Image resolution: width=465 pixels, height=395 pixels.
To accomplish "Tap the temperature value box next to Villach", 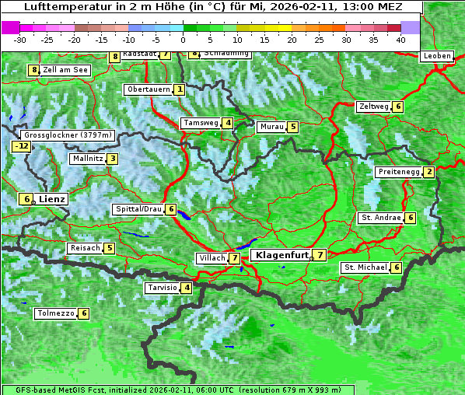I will [235, 258].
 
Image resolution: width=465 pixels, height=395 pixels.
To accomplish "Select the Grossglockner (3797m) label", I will [68, 135].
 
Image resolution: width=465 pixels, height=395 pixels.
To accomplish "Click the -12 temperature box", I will [21, 145].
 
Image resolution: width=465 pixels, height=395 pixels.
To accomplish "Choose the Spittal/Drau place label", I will [138, 209].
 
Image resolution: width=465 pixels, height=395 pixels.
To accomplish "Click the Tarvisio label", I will [163, 288].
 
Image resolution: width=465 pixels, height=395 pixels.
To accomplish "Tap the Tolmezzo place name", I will [55, 313].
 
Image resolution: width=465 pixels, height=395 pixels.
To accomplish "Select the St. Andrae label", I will [380, 218].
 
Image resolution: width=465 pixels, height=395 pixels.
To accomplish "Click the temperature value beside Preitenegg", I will [429, 172].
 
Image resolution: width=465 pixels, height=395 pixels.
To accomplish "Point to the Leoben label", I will [436, 56].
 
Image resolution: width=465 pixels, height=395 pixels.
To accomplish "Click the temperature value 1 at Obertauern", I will [180, 89].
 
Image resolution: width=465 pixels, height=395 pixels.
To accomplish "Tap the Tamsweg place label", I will [200, 123].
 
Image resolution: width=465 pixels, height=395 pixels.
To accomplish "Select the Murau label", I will [271, 126].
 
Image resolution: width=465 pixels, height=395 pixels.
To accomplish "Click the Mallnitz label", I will [86, 159].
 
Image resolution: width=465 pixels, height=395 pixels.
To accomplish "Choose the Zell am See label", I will [65, 70].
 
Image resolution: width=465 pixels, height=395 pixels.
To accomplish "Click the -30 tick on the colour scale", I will [20, 39].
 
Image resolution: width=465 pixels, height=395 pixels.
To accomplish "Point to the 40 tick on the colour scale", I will [400, 39].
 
